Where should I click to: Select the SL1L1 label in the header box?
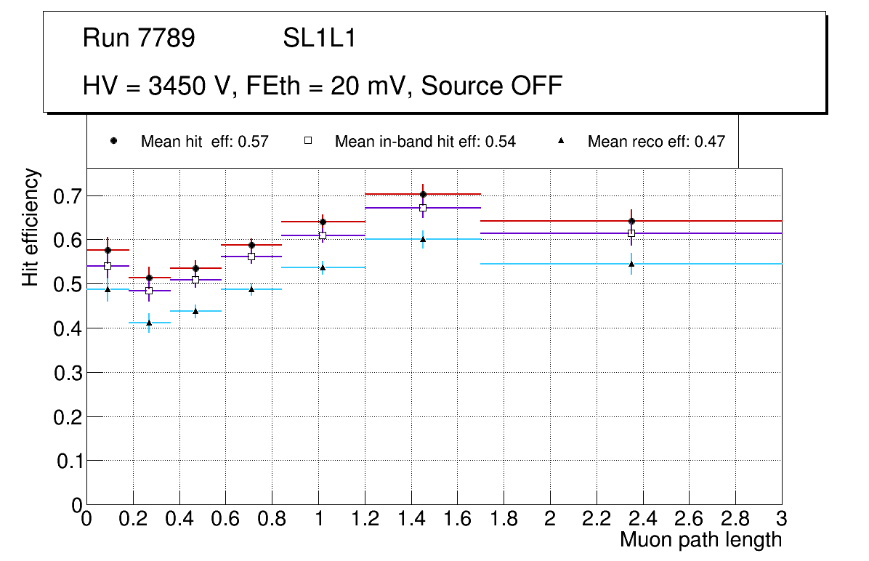(x=320, y=39)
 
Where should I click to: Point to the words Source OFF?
(x=492, y=86)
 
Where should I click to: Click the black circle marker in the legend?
(x=113, y=141)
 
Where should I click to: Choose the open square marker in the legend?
(x=307, y=141)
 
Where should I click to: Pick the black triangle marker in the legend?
(x=562, y=141)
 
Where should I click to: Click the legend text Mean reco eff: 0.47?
(x=656, y=142)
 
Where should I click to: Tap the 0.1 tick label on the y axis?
(x=66, y=461)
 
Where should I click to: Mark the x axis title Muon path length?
(x=700, y=540)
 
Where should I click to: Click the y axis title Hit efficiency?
(x=31, y=227)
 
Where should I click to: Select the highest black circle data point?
(x=423, y=194)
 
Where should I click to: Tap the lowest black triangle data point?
(x=149, y=323)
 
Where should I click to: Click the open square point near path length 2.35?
(x=631, y=233)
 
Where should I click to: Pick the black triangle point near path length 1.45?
(x=423, y=239)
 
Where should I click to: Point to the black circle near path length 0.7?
(x=251, y=245)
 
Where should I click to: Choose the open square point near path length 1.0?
(x=323, y=235)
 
